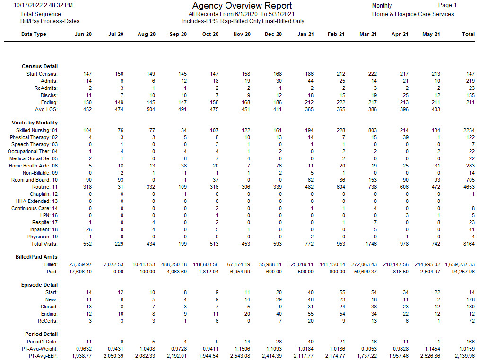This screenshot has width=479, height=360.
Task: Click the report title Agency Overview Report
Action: point(242,6)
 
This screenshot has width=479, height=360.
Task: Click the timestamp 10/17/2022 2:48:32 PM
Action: point(43,5)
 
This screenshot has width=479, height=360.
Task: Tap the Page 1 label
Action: point(447,5)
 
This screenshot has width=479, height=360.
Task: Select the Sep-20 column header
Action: point(178,34)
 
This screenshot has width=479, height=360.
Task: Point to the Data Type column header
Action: point(34,34)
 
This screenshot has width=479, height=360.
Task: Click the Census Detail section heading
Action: point(40,66)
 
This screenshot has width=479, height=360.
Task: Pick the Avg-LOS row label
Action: point(46,109)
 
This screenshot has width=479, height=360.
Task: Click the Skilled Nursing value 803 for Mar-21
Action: point(373,130)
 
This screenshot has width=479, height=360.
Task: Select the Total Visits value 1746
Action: point(371,244)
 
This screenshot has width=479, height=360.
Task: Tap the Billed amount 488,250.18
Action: point(174,264)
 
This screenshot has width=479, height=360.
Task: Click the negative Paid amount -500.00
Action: point(305,272)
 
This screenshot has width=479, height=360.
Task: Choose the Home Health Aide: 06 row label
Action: point(33,166)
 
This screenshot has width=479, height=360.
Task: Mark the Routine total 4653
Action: point(469,187)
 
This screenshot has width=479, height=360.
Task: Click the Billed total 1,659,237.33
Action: point(460,264)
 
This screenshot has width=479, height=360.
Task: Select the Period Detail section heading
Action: point(41,334)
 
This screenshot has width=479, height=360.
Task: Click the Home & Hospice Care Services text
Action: point(413,14)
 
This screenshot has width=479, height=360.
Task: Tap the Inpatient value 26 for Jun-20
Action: point(88,229)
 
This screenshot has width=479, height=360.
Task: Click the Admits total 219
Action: point(470,81)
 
